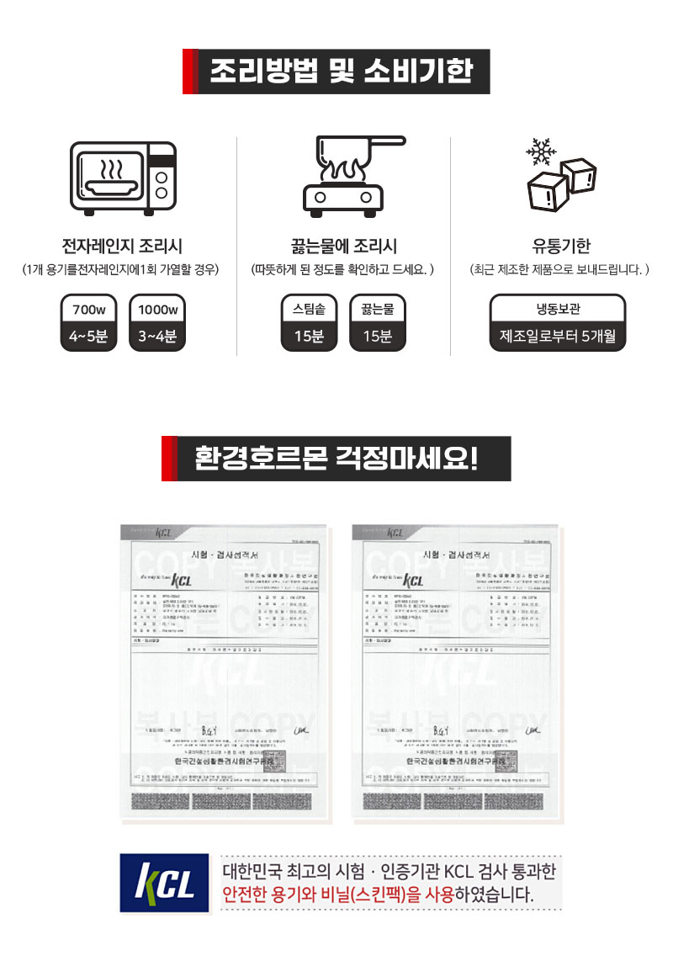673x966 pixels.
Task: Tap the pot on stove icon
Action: pyautogui.click(x=342, y=176)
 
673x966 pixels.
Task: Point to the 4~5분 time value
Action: pyautogui.click(x=88, y=337)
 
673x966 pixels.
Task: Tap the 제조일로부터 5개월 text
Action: pyautogui.click(x=558, y=337)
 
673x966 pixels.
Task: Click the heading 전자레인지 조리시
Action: pyautogui.click(x=123, y=247)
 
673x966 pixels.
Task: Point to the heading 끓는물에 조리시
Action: pyautogui.click(x=342, y=247)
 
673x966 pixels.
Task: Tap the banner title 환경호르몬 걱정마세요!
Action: pyautogui.click(x=336, y=459)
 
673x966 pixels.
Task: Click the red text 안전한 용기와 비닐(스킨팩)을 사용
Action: pyautogui.click(x=338, y=894)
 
